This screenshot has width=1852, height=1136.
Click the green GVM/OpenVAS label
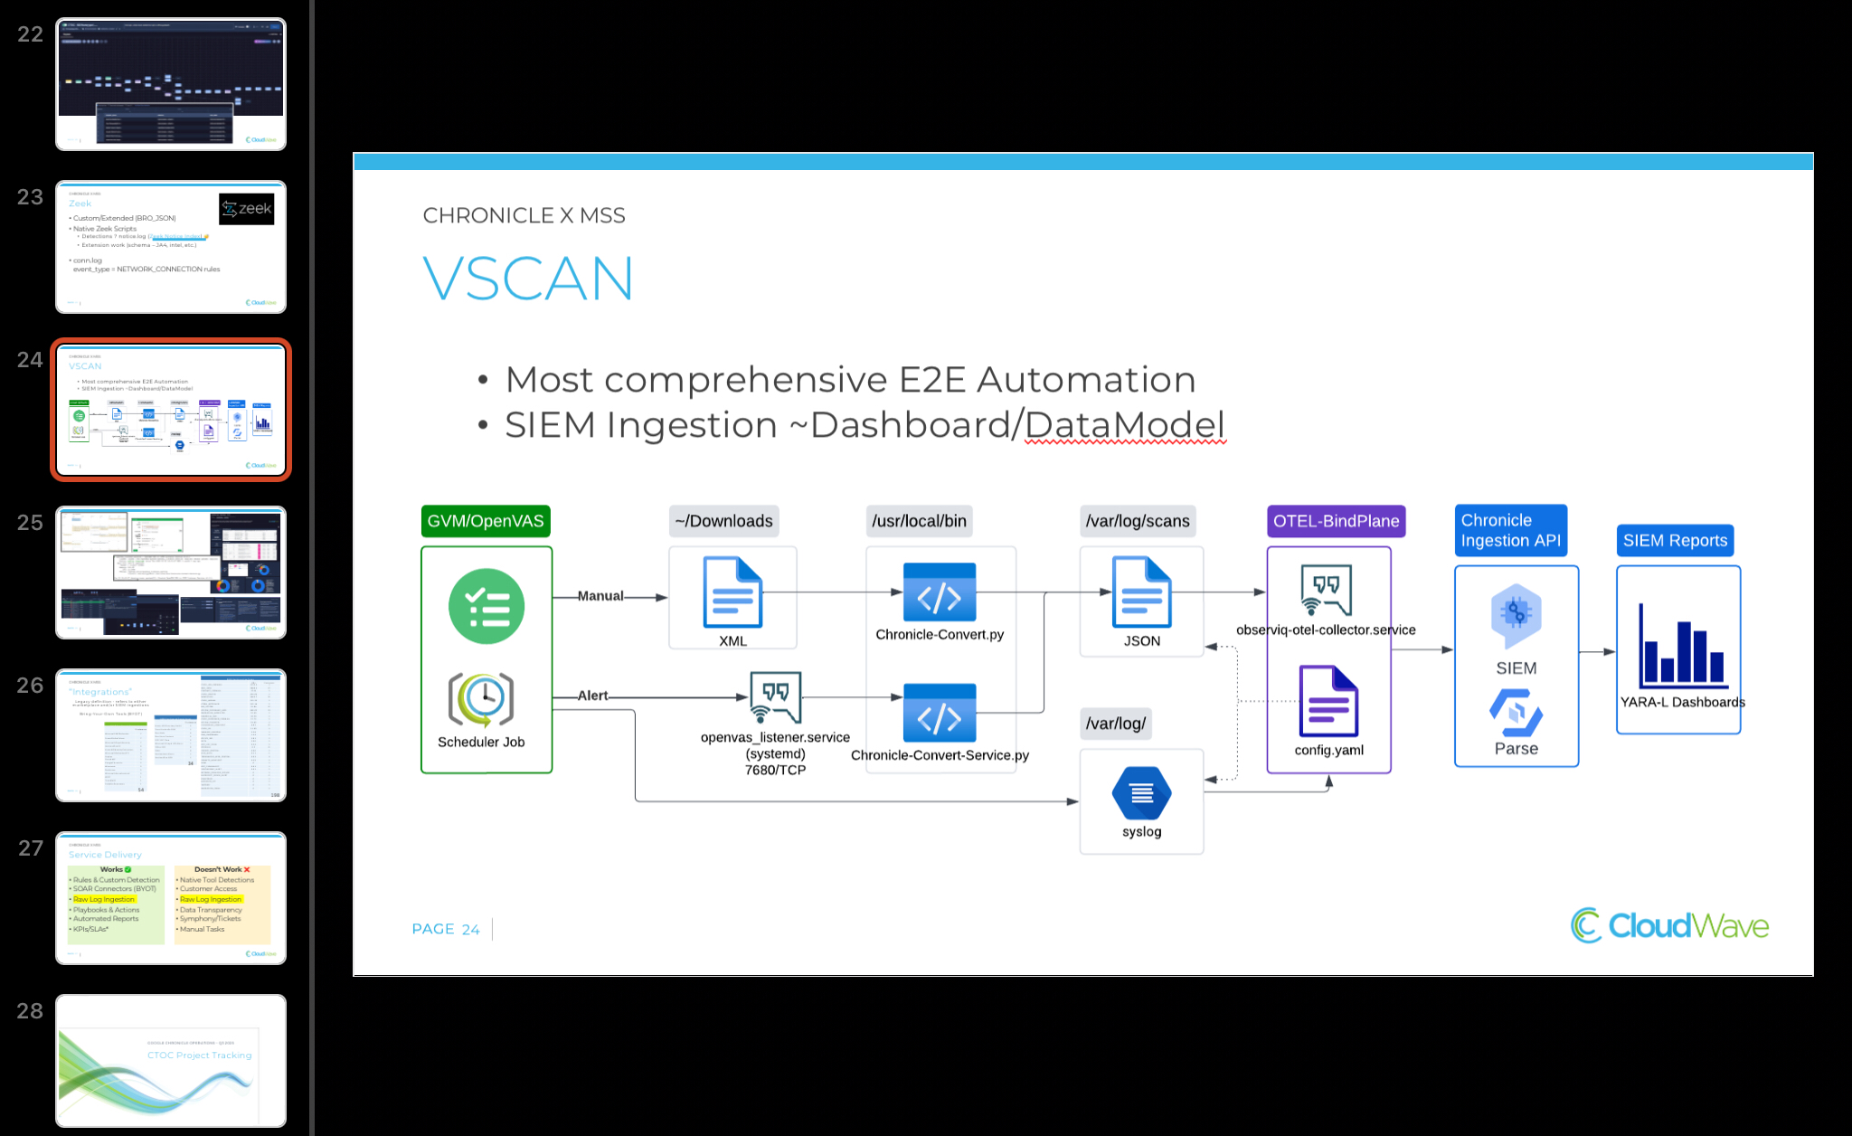[486, 521]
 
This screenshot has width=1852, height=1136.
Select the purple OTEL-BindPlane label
[1336, 521]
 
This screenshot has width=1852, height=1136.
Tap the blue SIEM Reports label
[1675, 541]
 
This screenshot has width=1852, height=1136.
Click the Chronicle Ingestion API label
[1510, 531]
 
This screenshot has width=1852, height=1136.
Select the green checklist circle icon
[487, 606]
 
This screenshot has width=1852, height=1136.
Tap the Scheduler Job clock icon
[481, 699]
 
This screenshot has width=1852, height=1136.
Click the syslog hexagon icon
[1141, 793]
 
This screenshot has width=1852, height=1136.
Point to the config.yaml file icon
[1328, 702]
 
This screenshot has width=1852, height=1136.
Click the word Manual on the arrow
[600, 596]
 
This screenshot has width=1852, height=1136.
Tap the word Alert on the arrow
[593, 696]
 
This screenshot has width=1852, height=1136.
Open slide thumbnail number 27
[171, 898]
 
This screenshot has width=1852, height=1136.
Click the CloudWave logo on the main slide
[1669, 925]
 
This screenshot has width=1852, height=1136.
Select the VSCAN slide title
[528, 279]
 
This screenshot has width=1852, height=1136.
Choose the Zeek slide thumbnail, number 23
[171, 247]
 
